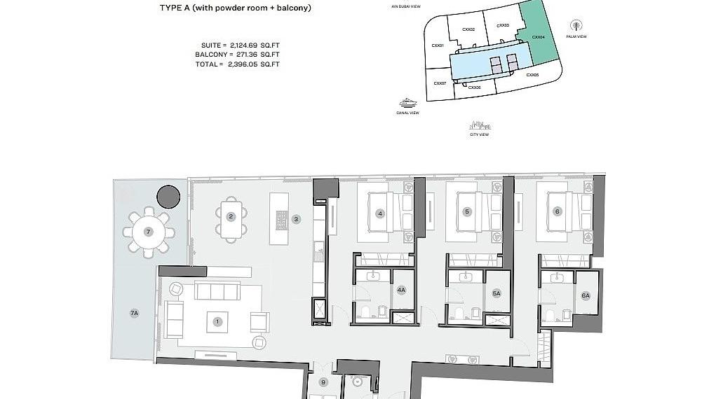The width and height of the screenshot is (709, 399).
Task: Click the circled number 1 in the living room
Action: tap(217, 322)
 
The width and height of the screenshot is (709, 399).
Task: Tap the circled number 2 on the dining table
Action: tap(230, 216)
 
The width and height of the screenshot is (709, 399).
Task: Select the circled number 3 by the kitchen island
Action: tap(297, 219)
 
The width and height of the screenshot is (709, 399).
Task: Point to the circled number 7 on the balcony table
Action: tap(148, 231)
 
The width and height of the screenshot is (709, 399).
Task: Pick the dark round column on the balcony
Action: tap(168, 197)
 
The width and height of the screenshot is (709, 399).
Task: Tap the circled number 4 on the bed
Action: tap(379, 213)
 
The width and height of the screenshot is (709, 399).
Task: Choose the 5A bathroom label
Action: tap(497, 294)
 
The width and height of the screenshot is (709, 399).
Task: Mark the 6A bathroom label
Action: tap(586, 296)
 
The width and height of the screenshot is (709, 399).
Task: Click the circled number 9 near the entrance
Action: tap(323, 382)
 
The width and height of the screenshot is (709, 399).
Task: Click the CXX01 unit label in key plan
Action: tap(438, 45)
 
